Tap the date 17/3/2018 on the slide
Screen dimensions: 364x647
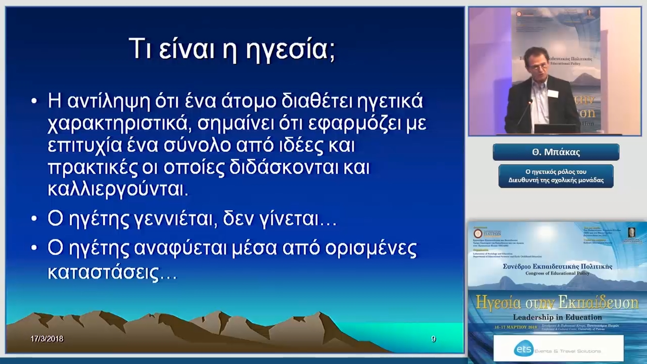(47, 339)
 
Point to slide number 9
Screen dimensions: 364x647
(433, 339)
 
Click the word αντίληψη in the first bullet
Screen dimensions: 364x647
(109, 101)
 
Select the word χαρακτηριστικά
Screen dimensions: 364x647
(117, 123)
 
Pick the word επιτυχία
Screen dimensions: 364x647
(85, 146)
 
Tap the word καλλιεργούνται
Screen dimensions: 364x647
(118, 189)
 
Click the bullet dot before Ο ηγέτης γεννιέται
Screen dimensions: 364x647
(34, 219)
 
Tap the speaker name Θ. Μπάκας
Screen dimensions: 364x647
(556, 152)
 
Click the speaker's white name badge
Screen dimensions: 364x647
(553, 93)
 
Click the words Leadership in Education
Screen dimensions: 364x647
(557, 317)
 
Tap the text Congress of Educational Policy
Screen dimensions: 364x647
(557, 273)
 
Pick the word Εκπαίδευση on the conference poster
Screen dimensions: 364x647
(597, 302)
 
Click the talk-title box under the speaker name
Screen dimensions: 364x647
(556, 176)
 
